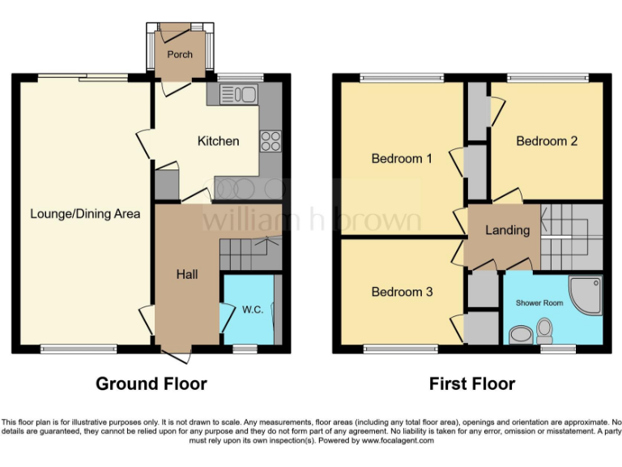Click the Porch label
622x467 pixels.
pyautogui.click(x=180, y=55)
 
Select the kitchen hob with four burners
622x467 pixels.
pyautogui.click(x=270, y=141)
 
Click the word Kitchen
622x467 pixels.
pyautogui.click(x=218, y=141)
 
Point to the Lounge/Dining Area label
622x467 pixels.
pyautogui.click(x=85, y=214)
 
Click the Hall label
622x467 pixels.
pyautogui.click(x=187, y=275)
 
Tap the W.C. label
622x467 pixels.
pyautogui.click(x=253, y=310)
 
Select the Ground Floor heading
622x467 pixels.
pyautogui.click(x=151, y=383)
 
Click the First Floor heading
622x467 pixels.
pyautogui.click(x=472, y=383)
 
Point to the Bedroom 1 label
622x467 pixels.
pyautogui.click(x=401, y=158)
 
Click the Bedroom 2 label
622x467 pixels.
pyautogui.click(x=547, y=141)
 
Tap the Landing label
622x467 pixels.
pyautogui.click(x=507, y=230)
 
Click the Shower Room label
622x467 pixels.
pyautogui.click(x=539, y=303)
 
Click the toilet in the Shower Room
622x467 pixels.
pyautogui.click(x=544, y=329)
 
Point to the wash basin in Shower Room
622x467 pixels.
pyautogui.click(x=521, y=334)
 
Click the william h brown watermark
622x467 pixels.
pyautogui.click(x=312, y=221)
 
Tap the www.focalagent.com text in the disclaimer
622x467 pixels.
pyautogui.click(x=398, y=441)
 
